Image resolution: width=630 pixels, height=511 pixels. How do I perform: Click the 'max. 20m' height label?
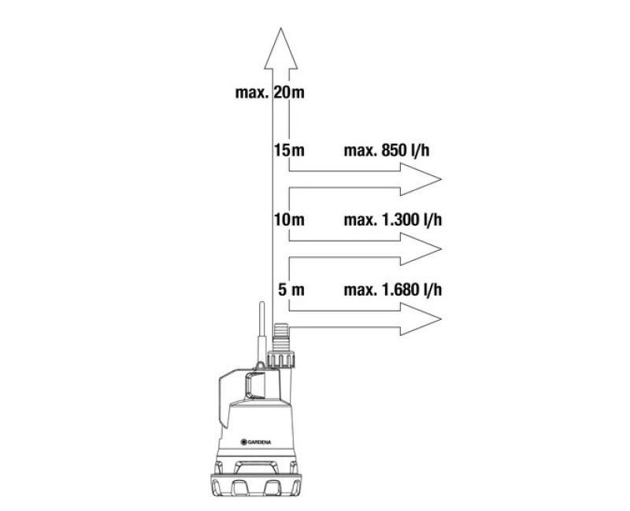[x=269, y=93]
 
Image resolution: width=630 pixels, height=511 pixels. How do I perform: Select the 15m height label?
[x=289, y=150]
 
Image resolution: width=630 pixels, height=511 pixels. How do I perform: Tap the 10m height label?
[x=289, y=220]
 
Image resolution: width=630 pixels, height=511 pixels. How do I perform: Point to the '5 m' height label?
[x=291, y=289]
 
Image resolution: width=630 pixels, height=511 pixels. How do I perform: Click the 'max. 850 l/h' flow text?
[x=387, y=150]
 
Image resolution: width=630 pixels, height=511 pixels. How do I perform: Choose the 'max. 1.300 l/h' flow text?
[x=392, y=220]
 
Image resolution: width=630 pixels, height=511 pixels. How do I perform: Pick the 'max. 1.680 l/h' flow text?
[x=392, y=289]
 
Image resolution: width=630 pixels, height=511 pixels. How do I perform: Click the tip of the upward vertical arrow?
[x=281, y=28]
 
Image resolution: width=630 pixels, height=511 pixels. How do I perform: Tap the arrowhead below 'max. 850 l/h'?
[x=421, y=179]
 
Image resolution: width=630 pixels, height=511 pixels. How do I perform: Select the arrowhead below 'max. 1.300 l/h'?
[x=421, y=249]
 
